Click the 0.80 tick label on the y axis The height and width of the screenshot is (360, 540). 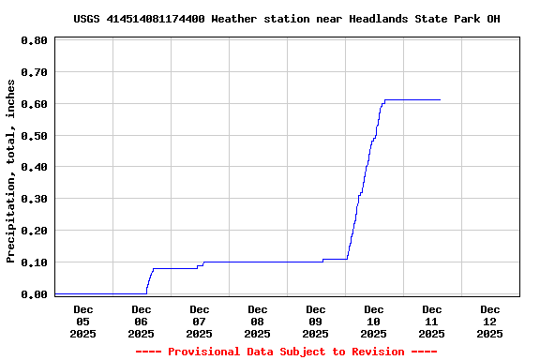pyautogui.click(x=34, y=40)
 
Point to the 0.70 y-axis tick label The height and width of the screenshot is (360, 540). pyautogui.click(x=34, y=72)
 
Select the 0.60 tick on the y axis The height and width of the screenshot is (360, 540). pyautogui.click(x=34, y=104)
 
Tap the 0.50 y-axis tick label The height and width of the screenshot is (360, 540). pyautogui.click(x=34, y=136)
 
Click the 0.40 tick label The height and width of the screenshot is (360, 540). pyautogui.click(x=34, y=168)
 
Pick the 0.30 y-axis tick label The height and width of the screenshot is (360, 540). pyautogui.click(x=34, y=199)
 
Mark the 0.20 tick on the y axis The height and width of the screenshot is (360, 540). pyautogui.click(x=34, y=231)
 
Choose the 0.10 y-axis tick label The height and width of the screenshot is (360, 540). pyautogui.click(x=34, y=262)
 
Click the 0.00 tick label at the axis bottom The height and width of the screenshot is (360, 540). pyautogui.click(x=34, y=294)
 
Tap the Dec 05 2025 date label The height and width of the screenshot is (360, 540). pyautogui.click(x=82, y=321)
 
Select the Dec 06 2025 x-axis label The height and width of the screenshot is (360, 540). pyautogui.click(x=141, y=321)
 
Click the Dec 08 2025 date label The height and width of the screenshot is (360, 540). pyautogui.click(x=257, y=321)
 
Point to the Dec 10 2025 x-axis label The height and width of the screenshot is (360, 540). pyautogui.click(x=373, y=321)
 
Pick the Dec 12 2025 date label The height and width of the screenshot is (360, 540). pyautogui.click(x=489, y=321)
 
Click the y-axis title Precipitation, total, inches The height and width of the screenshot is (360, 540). pyautogui.click(x=11, y=171)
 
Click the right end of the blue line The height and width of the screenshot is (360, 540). pyautogui.click(x=440, y=99)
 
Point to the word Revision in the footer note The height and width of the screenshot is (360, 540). pyautogui.click(x=377, y=352)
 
